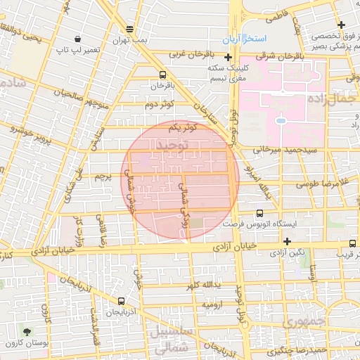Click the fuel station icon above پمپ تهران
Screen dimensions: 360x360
coord(129,29)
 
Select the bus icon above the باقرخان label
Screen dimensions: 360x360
coord(163,75)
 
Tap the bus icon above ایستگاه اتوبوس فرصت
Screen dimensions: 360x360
coord(260,212)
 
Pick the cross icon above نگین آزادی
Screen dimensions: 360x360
coord(287,241)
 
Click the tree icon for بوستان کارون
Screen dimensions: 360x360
coord(27,331)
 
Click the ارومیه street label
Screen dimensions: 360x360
coord(213,305)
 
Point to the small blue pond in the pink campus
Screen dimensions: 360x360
coord(281,121)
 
